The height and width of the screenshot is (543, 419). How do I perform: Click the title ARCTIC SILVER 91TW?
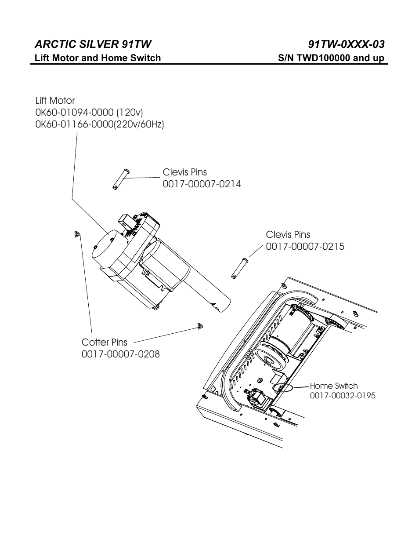(x=93, y=44)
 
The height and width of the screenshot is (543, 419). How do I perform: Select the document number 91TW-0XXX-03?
(x=347, y=44)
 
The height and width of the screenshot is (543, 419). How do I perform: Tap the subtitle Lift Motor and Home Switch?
(x=98, y=58)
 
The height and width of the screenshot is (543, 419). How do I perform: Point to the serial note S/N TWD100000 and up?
(x=331, y=58)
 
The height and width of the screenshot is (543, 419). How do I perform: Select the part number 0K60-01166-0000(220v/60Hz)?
(x=100, y=124)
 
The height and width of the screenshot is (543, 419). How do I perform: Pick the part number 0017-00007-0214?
(x=202, y=184)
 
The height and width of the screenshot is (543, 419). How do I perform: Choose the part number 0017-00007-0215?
(x=305, y=247)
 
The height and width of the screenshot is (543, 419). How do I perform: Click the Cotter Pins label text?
(x=104, y=342)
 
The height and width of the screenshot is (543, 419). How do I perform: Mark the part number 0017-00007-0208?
(x=120, y=354)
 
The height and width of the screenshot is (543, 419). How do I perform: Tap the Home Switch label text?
(x=334, y=386)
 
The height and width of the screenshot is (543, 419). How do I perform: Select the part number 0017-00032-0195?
(x=343, y=396)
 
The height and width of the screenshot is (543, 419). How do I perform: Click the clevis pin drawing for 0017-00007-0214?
(x=119, y=179)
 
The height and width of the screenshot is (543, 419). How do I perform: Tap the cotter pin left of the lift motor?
(x=77, y=234)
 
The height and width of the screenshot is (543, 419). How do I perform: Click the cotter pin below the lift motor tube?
(x=200, y=326)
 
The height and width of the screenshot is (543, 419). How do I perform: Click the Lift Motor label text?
(x=55, y=101)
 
